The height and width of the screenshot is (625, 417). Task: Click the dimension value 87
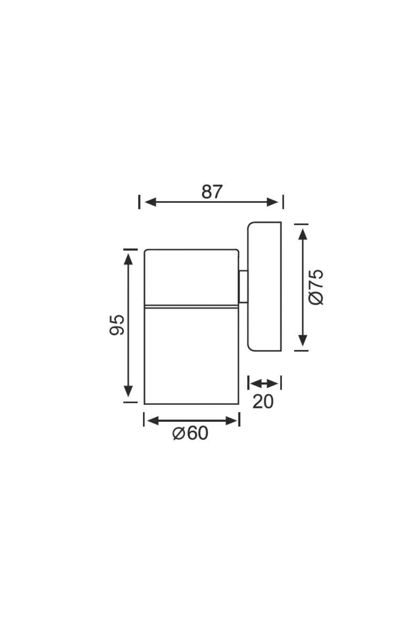click(212, 192)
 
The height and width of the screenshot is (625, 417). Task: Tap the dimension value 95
click(117, 325)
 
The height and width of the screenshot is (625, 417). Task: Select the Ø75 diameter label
click(316, 287)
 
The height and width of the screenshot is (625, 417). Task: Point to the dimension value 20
click(263, 402)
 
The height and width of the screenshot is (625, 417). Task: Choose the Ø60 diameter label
click(190, 433)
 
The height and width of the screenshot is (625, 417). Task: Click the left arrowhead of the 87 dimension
click(150, 202)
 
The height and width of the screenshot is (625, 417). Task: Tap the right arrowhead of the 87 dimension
click(272, 202)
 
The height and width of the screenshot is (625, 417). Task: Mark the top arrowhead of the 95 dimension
click(129, 259)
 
